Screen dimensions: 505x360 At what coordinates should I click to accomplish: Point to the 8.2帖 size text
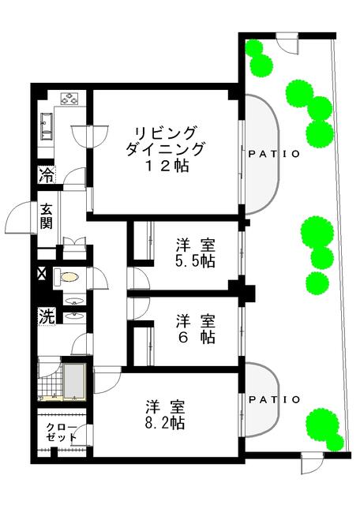point(165,423)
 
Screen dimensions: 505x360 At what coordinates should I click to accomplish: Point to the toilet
point(68,277)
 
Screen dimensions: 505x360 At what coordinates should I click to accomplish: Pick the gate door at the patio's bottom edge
point(311,464)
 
